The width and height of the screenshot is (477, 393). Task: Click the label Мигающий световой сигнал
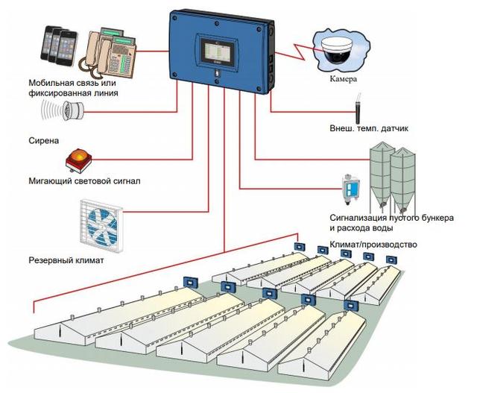point(84,180)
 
